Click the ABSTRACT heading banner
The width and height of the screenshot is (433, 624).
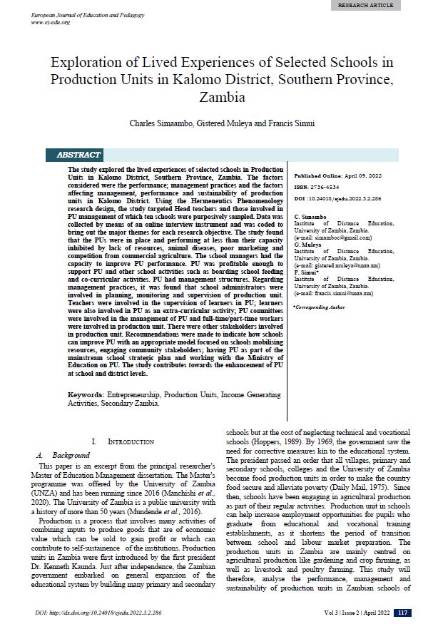(78, 155)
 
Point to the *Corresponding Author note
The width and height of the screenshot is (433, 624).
(318, 306)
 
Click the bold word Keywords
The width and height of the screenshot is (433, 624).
(86, 394)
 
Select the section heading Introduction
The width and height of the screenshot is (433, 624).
(131, 442)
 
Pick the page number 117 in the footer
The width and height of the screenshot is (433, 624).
(403, 613)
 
